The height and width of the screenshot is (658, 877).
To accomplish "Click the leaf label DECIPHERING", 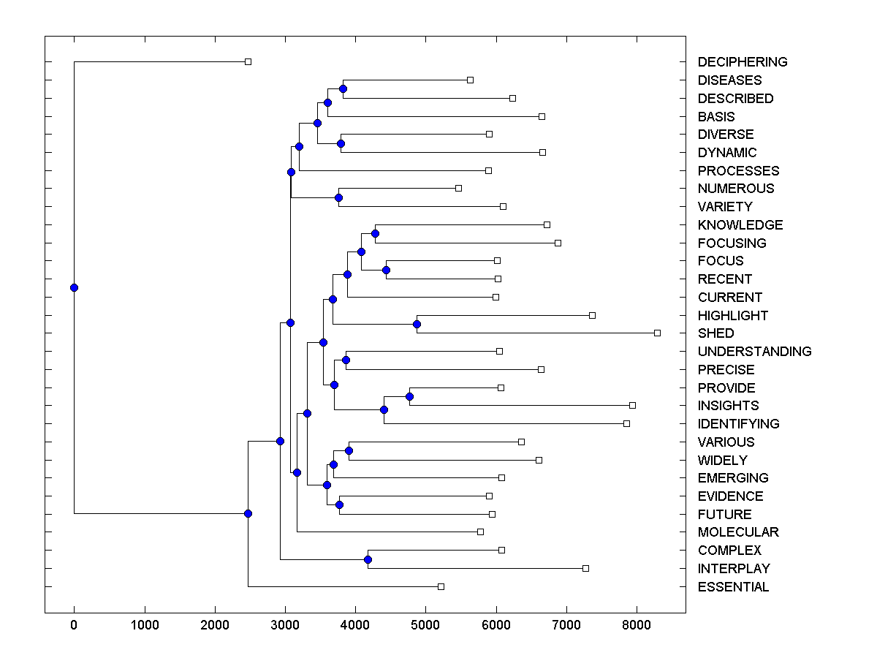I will coord(743,62).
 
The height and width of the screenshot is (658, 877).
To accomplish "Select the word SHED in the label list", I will coord(715,333).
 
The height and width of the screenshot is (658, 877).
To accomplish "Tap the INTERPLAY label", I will coord(734,569).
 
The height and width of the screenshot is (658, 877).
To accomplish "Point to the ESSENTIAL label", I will coord(733,587).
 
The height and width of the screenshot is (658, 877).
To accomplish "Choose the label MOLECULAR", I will coord(738,532).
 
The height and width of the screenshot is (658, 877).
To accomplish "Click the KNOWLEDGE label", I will coord(740,225).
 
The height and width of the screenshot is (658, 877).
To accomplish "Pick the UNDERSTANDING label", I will coord(754,352).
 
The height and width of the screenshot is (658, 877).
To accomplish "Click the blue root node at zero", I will coord(74,287).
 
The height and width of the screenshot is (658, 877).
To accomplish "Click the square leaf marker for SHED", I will coord(657,333).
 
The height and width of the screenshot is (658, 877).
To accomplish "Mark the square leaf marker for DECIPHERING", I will coord(248,62).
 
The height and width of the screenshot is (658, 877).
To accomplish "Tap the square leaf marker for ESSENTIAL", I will coord(441,586).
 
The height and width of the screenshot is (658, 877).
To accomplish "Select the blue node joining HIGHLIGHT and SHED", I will coord(417,324).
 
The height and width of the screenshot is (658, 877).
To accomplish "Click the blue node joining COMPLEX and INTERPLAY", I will coord(368,560).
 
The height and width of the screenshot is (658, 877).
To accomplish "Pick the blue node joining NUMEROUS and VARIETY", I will coord(338,197).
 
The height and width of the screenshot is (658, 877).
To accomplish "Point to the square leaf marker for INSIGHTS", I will coord(632,405).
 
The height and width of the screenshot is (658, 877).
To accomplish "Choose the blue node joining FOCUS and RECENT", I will coord(386,271).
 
